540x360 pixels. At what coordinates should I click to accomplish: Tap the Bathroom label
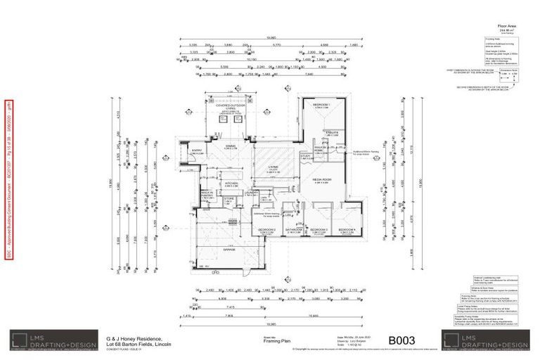pos(294,230)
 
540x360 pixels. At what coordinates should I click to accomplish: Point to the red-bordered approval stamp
pos(9,179)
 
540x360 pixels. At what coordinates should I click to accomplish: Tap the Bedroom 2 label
pos(267,230)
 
